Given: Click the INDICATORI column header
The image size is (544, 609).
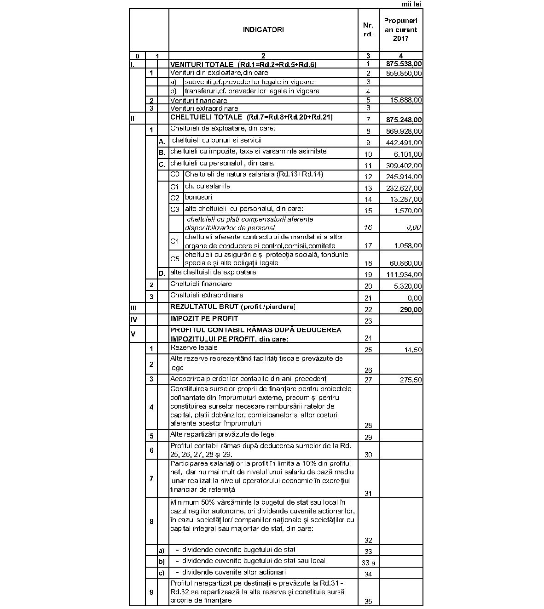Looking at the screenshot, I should pyautogui.click(x=263, y=30).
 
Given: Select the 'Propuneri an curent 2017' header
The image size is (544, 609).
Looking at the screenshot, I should pyautogui.click(x=400, y=30).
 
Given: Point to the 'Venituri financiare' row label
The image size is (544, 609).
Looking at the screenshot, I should pyautogui.click(x=198, y=100).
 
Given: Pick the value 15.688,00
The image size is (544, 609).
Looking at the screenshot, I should pyautogui.click(x=406, y=100).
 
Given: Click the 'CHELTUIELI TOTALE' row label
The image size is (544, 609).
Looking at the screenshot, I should pyautogui.click(x=206, y=117).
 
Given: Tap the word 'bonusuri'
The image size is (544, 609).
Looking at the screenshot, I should pyautogui.click(x=198, y=197).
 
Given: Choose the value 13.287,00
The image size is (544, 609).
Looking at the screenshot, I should pyautogui.click(x=406, y=199).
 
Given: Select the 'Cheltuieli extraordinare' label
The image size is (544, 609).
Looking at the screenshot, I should pyautogui.click(x=207, y=295).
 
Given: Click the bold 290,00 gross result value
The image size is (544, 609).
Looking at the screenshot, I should pyautogui.click(x=411, y=310).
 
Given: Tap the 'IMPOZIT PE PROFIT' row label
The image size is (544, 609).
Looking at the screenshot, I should pyautogui.click(x=204, y=318).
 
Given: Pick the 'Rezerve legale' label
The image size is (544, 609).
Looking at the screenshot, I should pyautogui.click(x=194, y=347).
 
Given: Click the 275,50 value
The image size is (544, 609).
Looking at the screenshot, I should pyautogui.click(x=411, y=380).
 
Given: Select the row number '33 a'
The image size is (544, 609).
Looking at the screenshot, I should pyautogui.click(x=368, y=563).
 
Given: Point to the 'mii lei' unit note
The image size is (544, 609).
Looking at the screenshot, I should pyautogui.click(x=411, y=4).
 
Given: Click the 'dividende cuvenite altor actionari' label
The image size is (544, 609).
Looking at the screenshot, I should pyautogui.click(x=234, y=572).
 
